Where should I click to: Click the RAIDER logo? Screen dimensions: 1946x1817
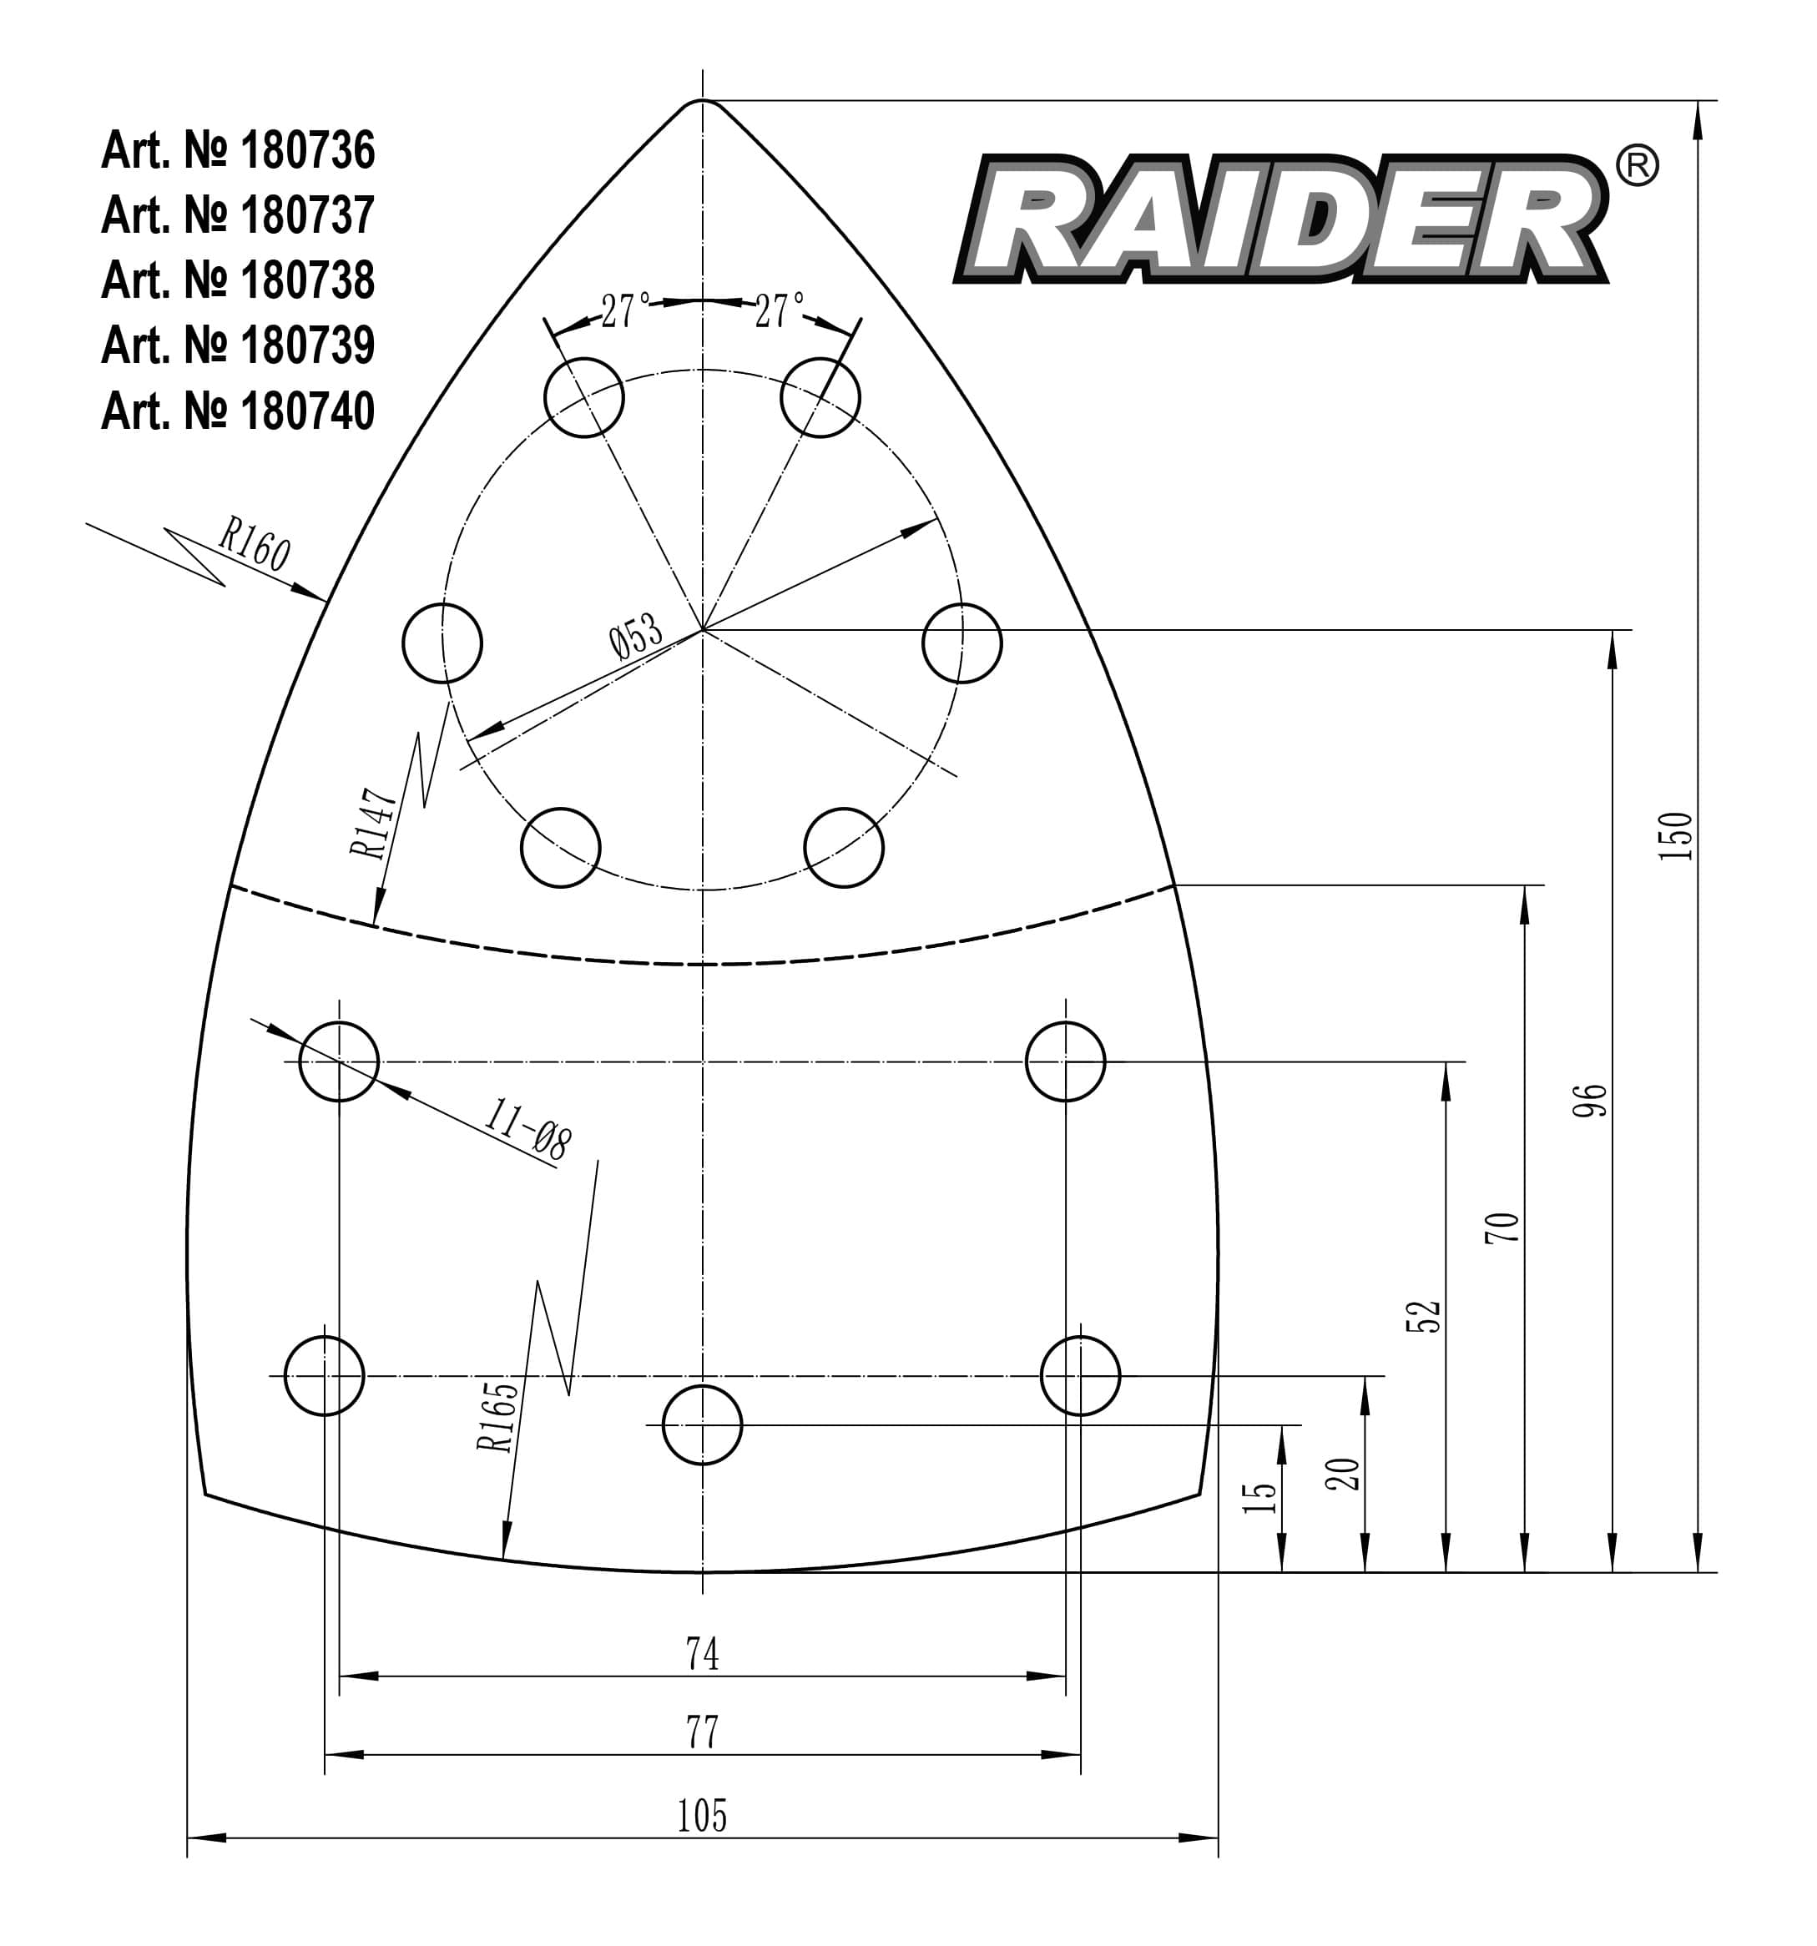pyautogui.click(x=1280, y=219)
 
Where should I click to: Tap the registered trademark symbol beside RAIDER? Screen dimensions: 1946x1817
pyautogui.click(x=1636, y=165)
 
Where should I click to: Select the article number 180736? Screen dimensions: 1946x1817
pyautogui.click(x=238, y=151)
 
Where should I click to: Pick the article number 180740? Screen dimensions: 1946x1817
pyautogui.click(x=238, y=411)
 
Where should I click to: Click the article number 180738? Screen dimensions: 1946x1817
pyautogui.click(x=238, y=281)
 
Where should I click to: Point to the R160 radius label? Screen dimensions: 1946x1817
pyautogui.click(x=254, y=544)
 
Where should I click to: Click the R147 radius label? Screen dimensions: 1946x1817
pyautogui.click(x=373, y=824)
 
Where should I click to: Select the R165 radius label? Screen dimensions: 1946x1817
pyautogui.click(x=497, y=1415)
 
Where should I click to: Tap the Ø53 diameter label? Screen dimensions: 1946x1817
pyautogui.click(x=635, y=638)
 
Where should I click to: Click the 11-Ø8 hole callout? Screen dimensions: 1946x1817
pyautogui.click(x=527, y=1129)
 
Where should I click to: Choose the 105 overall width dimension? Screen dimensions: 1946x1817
pyautogui.click(x=702, y=1816)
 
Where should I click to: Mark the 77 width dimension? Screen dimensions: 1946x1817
pyautogui.click(x=702, y=1732)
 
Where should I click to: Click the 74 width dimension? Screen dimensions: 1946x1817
pyautogui.click(x=702, y=1653)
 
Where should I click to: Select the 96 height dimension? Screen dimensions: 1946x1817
pyautogui.click(x=1589, y=1100)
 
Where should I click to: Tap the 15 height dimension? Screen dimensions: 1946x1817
pyautogui.click(x=1260, y=1498)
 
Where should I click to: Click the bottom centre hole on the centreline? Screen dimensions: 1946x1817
pyautogui.click(x=702, y=1425)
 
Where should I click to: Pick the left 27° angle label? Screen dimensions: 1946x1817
pyautogui.click(x=624, y=311)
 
